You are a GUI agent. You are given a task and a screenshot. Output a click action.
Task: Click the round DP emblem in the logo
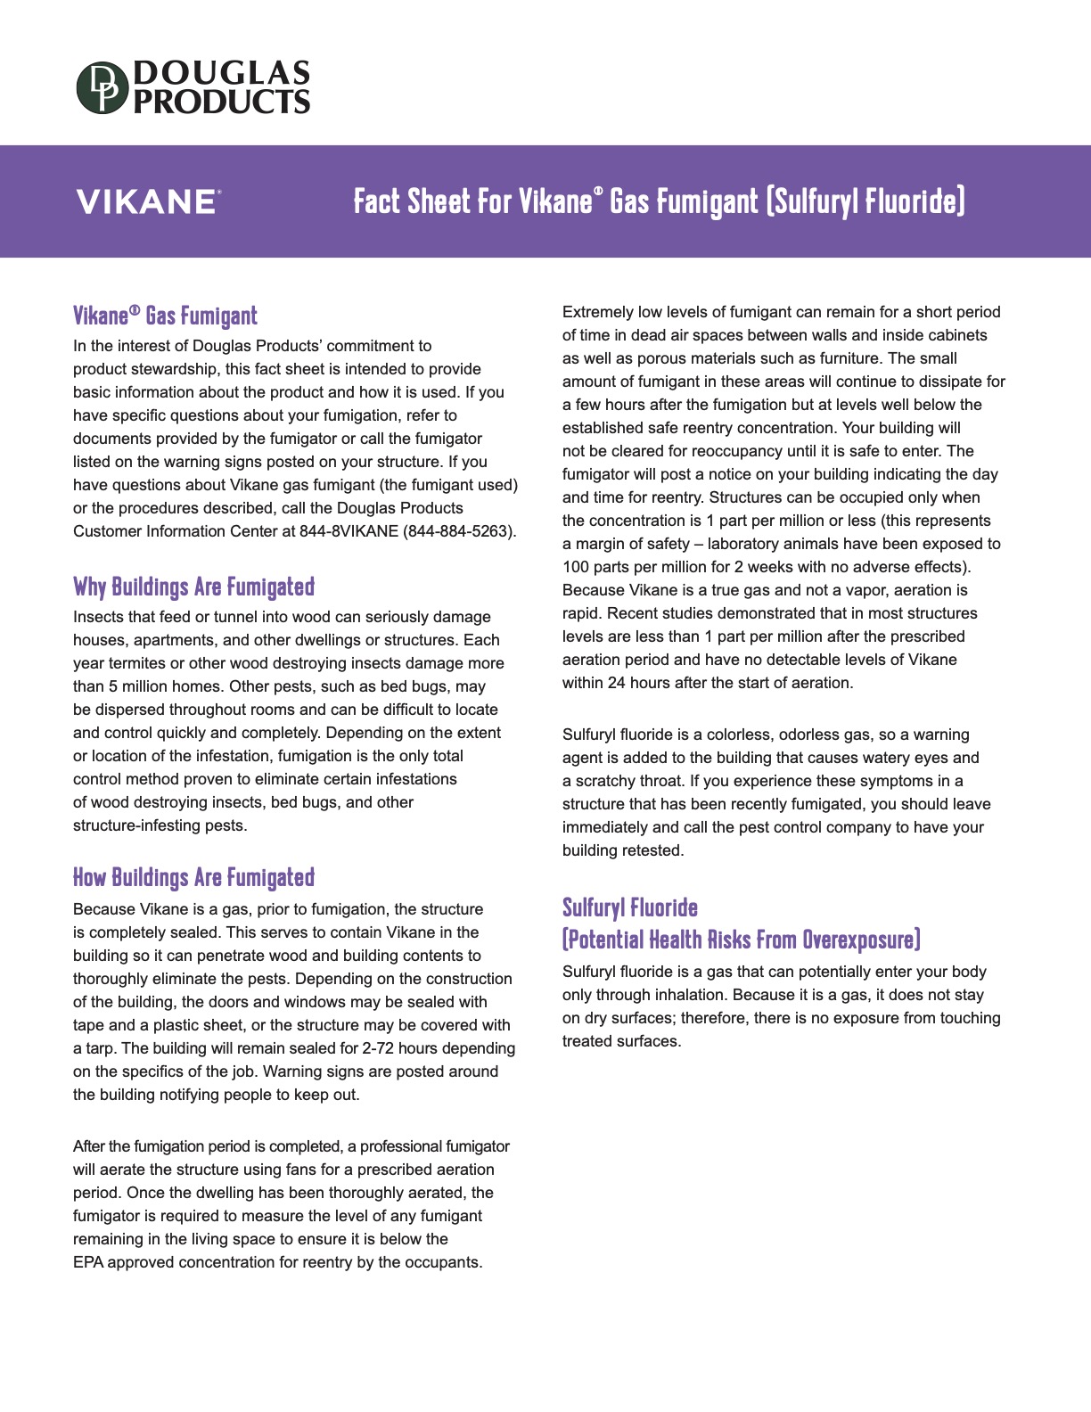[x=103, y=87]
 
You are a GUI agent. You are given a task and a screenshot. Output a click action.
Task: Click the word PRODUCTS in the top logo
[x=222, y=102]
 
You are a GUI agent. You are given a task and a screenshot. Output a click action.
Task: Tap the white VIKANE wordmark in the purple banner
[x=146, y=202]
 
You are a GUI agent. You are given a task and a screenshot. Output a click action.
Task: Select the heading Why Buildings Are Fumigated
[x=193, y=587]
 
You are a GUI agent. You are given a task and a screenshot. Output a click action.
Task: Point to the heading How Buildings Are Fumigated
[x=193, y=877]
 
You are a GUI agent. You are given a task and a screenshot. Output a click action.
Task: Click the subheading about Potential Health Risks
[x=741, y=940]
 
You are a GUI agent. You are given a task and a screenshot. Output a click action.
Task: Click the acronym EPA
[x=88, y=1262]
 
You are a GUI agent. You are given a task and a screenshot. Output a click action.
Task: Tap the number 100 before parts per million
[x=575, y=567]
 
